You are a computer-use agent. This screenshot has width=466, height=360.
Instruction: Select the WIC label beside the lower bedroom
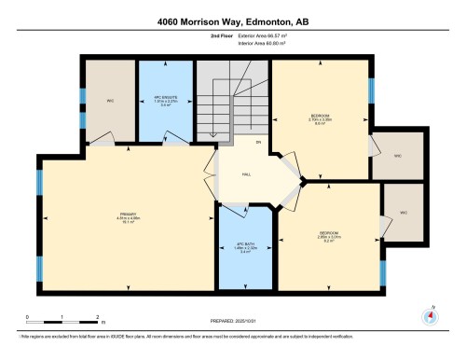click(x=404, y=213)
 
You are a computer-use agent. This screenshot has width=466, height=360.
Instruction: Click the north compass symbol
click(x=430, y=315)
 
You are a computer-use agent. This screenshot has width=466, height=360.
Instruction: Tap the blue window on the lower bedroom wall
click(x=382, y=272)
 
